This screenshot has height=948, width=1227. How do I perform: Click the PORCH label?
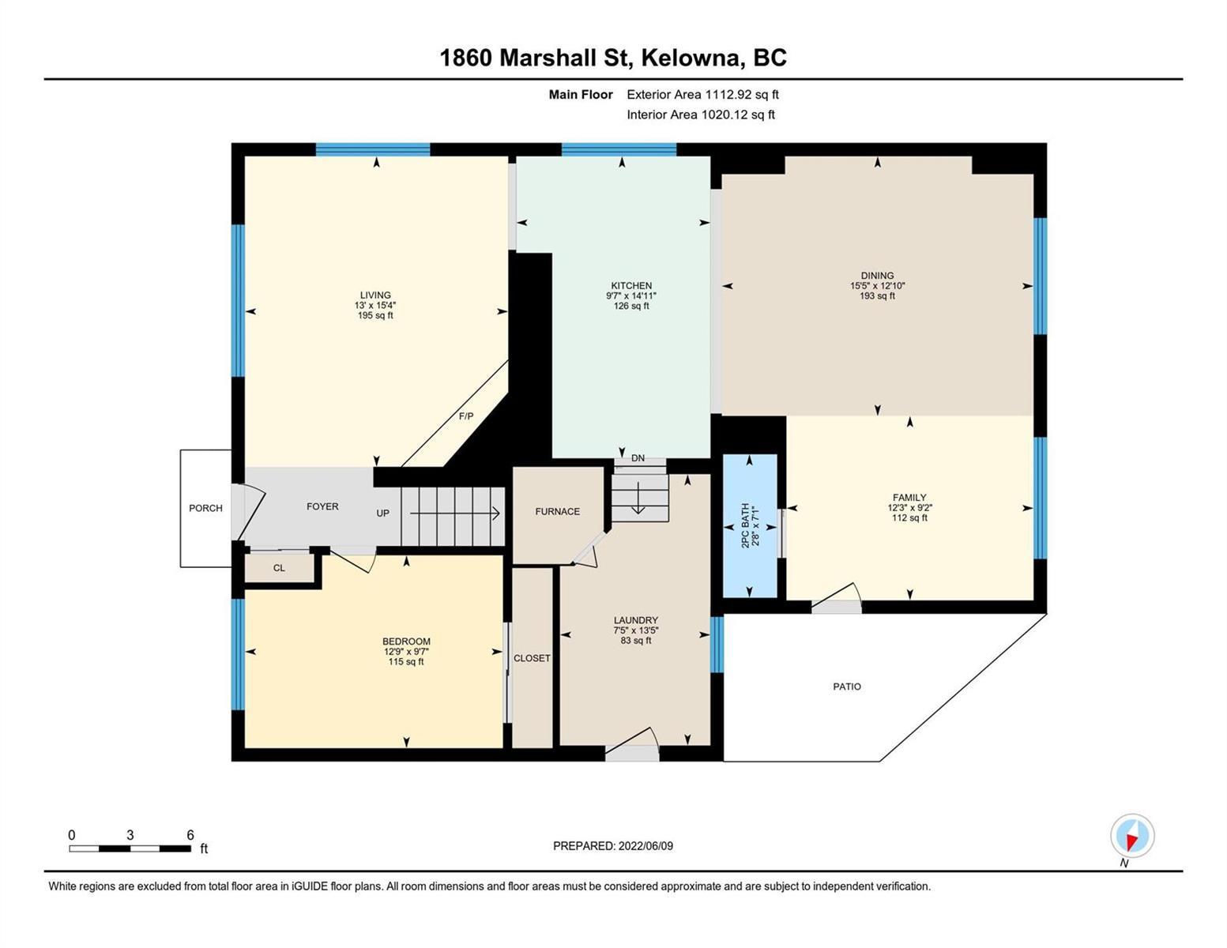[x=205, y=508]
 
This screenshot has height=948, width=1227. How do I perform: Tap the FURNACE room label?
[x=557, y=512]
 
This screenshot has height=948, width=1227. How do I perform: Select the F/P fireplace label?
[x=466, y=416]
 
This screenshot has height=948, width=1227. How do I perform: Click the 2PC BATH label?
[x=745, y=525]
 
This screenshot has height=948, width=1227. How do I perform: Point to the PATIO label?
[x=847, y=687]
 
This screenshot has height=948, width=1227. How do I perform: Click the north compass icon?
[x=1132, y=837]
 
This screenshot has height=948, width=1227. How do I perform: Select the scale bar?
[x=130, y=848]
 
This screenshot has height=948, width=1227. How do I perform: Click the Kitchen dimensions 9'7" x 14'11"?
[x=631, y=296]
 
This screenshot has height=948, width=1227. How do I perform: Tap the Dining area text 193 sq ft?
[x=878, y=296]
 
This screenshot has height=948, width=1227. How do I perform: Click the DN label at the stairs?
[x=638, y=458]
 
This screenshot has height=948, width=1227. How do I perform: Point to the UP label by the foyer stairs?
[x=383, y=513]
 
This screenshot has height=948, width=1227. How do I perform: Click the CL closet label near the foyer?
[x=279, y=568]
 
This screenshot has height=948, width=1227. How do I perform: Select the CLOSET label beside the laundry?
[x=532, y=658]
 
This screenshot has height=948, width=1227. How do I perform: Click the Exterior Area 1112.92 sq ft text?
[x=702, y=94]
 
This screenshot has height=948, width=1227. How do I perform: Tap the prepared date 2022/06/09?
[x=645, y=846]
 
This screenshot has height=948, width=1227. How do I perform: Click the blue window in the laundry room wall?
[x=717, y=645]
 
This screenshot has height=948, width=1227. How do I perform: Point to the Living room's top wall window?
[x=373, y=149]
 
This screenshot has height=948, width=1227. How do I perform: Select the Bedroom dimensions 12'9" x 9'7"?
[x=407, y=652]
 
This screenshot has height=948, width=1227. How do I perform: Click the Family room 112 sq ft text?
[x=909, y=517]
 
